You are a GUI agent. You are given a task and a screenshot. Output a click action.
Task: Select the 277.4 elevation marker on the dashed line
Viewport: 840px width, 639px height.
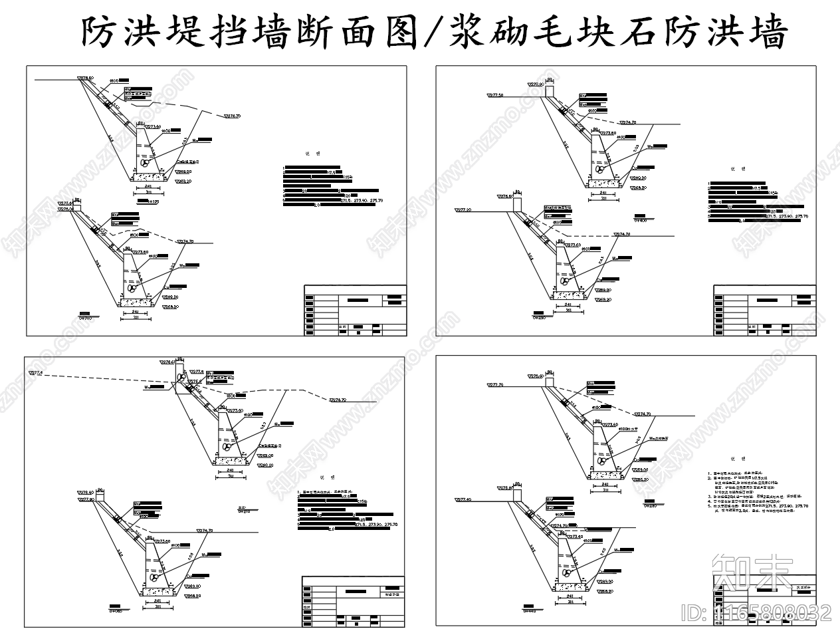pos(36,374)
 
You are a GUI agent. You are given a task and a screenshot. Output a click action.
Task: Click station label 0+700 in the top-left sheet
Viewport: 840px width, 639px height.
pos(85,318)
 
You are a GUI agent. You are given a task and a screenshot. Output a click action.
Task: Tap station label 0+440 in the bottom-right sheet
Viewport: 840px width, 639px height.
pos(530,610)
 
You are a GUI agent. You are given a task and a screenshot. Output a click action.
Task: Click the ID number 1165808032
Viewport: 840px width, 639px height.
pos(758,612)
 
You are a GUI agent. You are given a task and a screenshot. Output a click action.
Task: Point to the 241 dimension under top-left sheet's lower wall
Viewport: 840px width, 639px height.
pos(136,311)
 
